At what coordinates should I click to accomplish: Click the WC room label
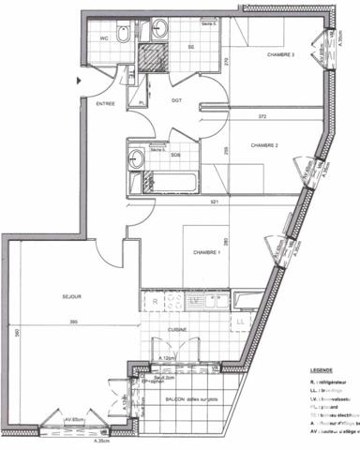107,39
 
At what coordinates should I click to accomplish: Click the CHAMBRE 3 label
281,54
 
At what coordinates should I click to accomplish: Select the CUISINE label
178,330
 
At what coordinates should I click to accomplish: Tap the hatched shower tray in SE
152,60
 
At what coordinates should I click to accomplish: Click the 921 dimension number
214,201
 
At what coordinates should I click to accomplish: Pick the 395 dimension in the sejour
86,322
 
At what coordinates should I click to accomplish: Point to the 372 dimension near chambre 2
262,115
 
